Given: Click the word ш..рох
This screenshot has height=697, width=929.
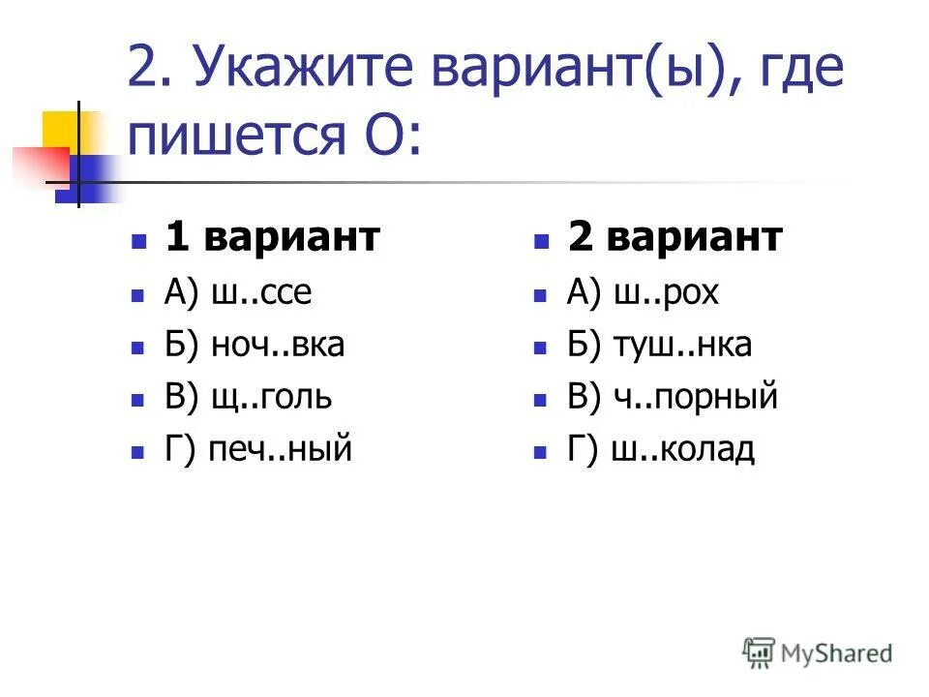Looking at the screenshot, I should coord(667,292).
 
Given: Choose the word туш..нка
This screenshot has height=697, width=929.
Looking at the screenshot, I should coord(681,345).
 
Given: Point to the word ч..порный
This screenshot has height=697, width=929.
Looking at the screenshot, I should coord(695,397).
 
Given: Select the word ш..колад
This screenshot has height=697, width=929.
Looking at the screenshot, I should coord(684,449).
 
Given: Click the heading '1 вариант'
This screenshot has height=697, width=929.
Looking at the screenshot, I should coord(272,238).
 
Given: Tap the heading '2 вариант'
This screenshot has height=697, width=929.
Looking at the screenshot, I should coord(674,238).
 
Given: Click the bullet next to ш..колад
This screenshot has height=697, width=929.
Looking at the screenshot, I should coord(542,451).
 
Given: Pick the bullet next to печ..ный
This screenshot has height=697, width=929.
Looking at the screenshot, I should coord(140,451).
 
